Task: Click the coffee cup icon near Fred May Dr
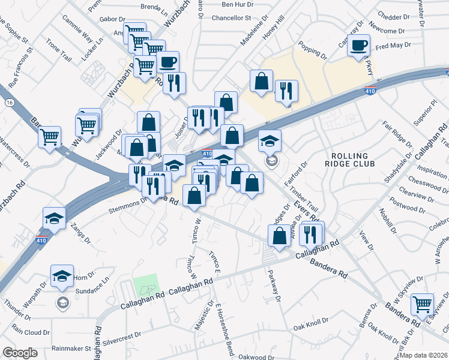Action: click(x=359, y=46)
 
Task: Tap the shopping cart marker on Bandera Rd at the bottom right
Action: click(x=423, y=304)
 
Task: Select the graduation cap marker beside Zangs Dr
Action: click(x=54, y=218)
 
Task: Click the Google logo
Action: click(x=20, y=352)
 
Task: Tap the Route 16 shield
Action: click(x=10, y=103)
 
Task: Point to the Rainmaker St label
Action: click(x=71, y=347)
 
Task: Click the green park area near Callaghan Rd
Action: click(x=145, y=286)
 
